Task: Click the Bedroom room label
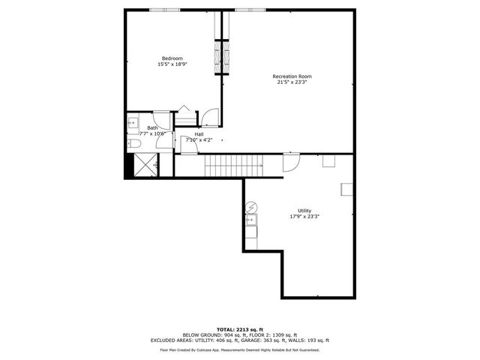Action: (x=172, y=58)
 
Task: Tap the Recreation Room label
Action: (x=292, y=76)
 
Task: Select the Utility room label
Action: (x=304, y=211)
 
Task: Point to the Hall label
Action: (x=199, y=134)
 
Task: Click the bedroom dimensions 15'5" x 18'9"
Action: (x=172, y=65)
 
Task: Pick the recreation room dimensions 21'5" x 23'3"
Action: (x=292, y=82)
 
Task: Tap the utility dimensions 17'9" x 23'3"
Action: (x=304, y=217)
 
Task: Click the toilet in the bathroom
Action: (x=134, y=143)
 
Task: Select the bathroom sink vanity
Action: (x=133, y=122)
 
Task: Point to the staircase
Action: (x=235, y=163)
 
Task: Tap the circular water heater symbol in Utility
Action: (x=253, y=206)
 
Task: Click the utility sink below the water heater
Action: (x=252, y=220)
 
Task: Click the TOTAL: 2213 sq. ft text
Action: (x=239, y=329)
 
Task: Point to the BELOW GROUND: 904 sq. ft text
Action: (x=209, y=334)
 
